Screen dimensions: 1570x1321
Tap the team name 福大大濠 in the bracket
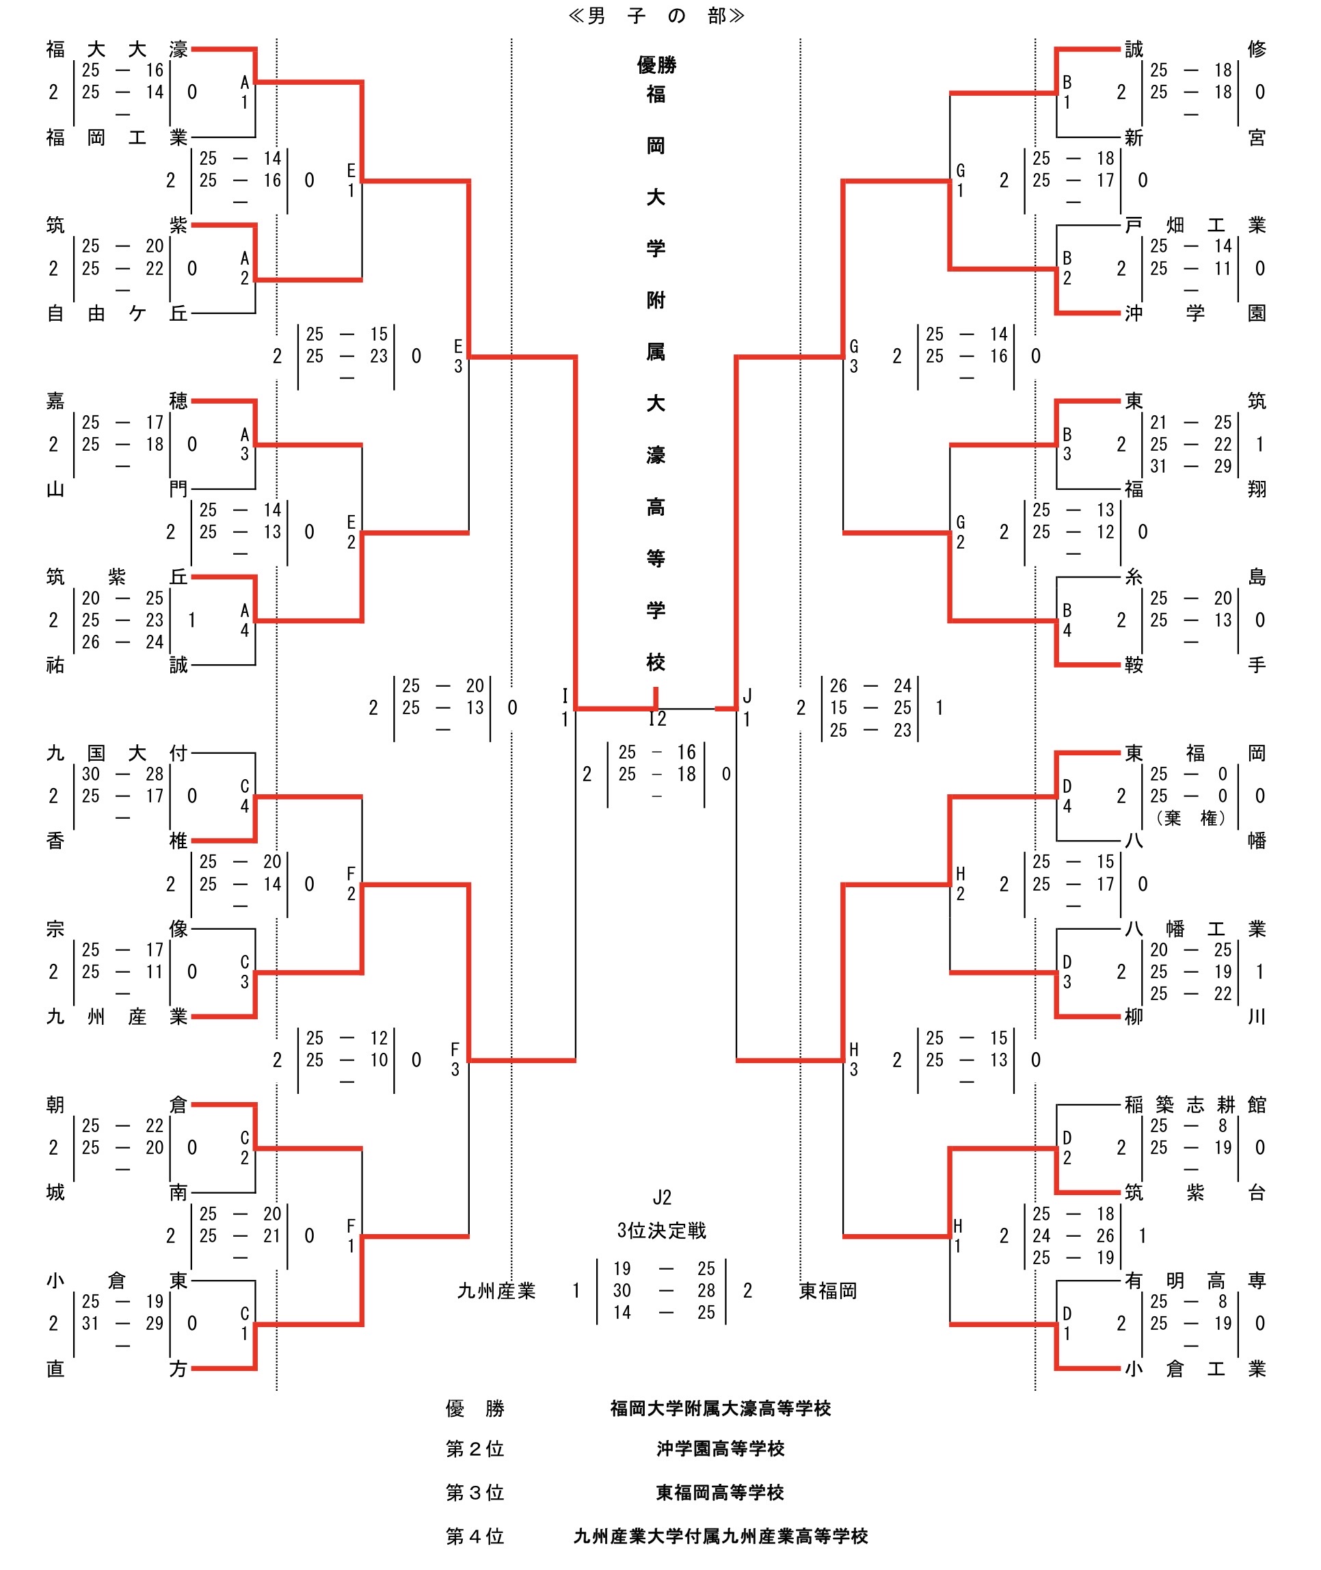[x=116, y=49]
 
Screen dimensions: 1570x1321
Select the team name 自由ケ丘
[x=116, y=313]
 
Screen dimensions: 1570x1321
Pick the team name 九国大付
[x=116, y=753]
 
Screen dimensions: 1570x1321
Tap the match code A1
[x=244, y=92]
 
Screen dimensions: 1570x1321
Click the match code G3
[x=854, y=356]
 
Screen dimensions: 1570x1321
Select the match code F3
[x=455, y=1060]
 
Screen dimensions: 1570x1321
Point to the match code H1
[x=958, y=1236]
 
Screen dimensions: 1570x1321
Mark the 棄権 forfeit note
[x=1190, y=818]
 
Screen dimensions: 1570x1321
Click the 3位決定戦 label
[x=661, y=1231]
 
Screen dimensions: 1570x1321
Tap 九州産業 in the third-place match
[x=496, y=1291]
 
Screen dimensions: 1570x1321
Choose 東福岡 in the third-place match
[x=827, y=1291]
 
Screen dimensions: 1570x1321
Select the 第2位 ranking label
[x=475, y=1449]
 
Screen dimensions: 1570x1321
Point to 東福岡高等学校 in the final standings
[x=720, y=1493]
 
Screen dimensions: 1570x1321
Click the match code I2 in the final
[x=657, y=719]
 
